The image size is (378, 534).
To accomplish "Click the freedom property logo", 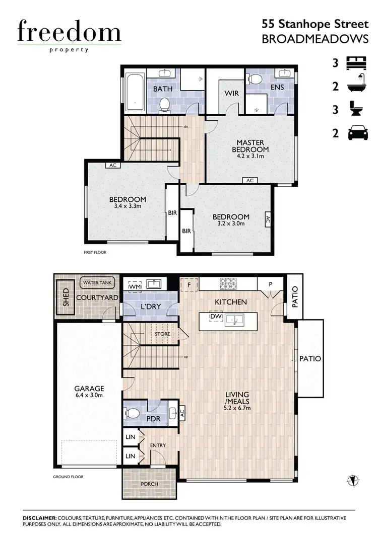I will tap(69, 35).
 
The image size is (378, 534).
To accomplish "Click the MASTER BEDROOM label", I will tap(250, 146).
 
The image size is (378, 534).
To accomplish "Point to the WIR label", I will tap(231, 94).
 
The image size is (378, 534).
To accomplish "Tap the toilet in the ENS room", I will tap(256, 80).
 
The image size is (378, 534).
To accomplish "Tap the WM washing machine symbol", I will tap(134, 286).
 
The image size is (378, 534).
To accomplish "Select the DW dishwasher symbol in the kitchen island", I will tap(216, 317).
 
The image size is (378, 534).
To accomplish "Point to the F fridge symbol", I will tap(190, 283).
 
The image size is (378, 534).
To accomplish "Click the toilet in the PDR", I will tap(134, 413).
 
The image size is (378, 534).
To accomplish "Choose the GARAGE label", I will tap(89, 389).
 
